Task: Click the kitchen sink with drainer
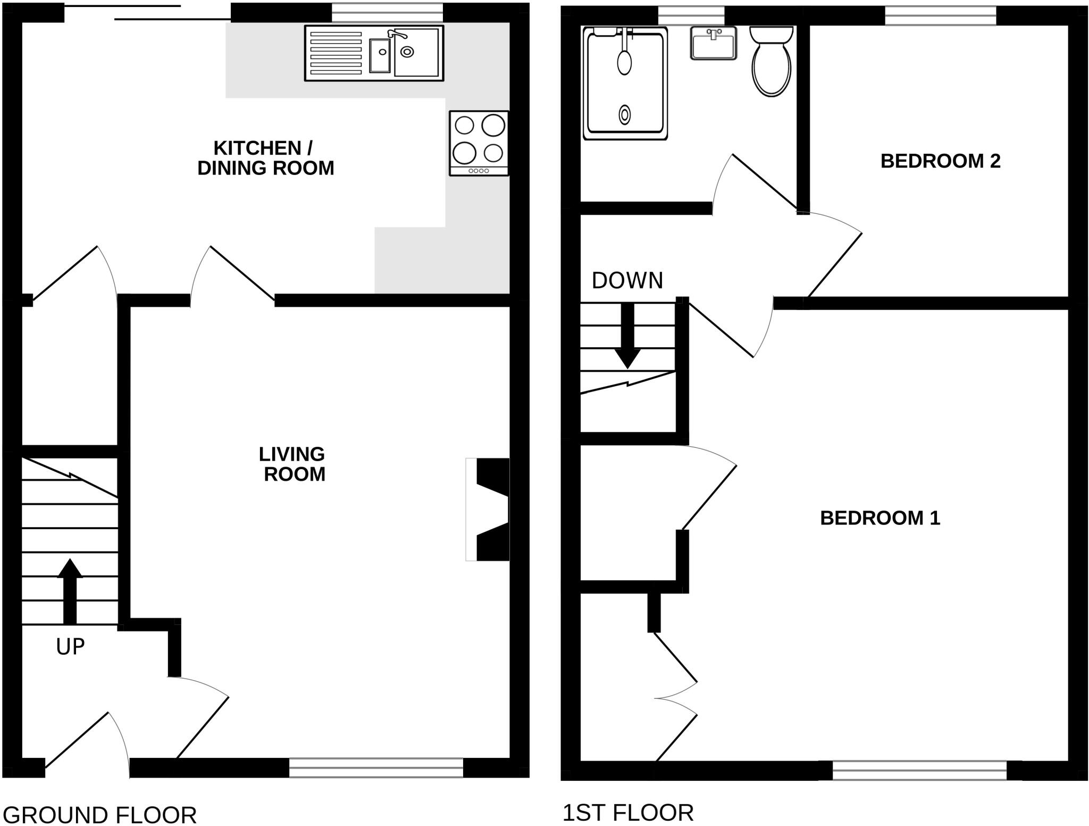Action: click(374, 53)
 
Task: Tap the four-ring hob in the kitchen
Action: click(479, 143)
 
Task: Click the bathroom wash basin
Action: click(714, 44)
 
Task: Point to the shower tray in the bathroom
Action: click(625, 84)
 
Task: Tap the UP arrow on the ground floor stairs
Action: click(70, 590)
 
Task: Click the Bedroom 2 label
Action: click(940, 161)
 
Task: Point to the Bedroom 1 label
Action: click(880, 518)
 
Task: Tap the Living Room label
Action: click(293, 464)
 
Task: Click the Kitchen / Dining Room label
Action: click(265, 158)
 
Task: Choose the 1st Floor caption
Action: click(627, 813)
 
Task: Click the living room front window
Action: click(376, 767)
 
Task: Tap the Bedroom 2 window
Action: click(940, 16)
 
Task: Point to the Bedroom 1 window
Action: click(919, 770)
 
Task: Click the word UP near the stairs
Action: click(70, 647)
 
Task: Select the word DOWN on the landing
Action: click(627, 281)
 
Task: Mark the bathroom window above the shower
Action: click(691, 16)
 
